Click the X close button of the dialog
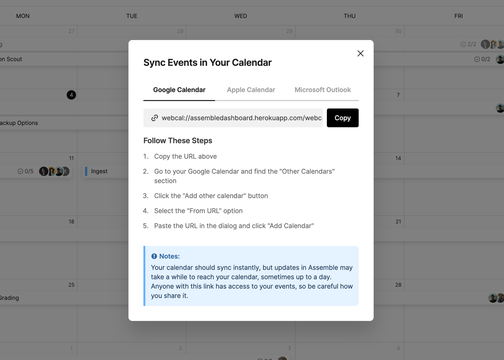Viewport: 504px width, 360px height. pos(360,54)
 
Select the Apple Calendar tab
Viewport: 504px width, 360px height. pos(251,90)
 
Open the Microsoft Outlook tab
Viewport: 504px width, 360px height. pos(323,90)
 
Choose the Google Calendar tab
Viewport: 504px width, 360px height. pos(179,90)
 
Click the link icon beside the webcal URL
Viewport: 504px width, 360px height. pos(154,118)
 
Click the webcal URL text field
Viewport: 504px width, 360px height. pos(233,118)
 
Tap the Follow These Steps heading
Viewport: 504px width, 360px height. pos(178,141)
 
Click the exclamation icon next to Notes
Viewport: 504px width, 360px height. pos(154,256)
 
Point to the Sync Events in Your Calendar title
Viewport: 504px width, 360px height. pos(207,63)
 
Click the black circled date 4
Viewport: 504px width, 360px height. pos(71,95)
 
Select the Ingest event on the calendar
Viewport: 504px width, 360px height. pos(99,171)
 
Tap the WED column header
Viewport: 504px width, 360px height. pos(240,16)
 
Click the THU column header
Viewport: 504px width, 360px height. pos(350,16)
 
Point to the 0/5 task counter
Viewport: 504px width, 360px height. pos(26,171)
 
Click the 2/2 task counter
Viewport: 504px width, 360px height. pos(468,44)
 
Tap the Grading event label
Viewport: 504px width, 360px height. pos(9,298)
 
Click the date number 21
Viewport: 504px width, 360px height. pos(398,222)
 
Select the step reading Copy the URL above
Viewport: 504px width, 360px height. pos(185,156)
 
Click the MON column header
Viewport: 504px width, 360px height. pos(23,16)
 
